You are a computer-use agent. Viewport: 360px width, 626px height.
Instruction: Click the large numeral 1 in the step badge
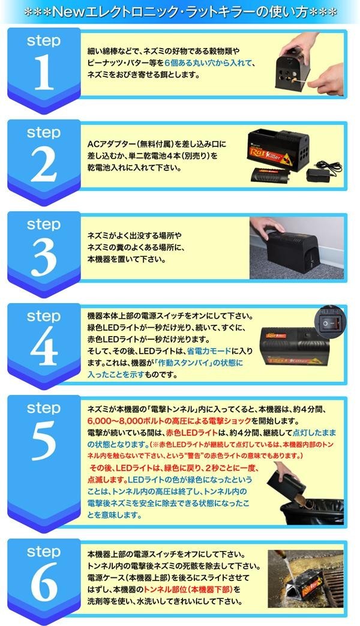[44, 72]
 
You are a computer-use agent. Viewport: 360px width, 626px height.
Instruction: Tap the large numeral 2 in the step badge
[44, 164]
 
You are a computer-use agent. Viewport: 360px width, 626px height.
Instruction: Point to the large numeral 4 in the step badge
[44, 348]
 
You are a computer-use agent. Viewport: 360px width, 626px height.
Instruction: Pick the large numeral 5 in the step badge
[44, 440]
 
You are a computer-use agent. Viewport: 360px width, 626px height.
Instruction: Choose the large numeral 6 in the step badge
[44, 583]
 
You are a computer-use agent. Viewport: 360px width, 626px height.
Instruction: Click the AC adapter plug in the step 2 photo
[319, 175]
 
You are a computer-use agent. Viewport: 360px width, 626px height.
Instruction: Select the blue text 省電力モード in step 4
[209, 351]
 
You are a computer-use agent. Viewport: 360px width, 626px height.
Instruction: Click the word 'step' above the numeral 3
[44, 224]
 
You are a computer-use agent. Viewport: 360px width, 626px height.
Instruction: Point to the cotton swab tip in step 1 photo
[295, 82]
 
